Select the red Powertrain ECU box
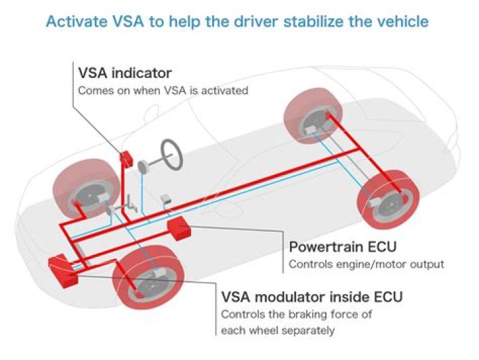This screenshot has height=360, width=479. coord(179,228)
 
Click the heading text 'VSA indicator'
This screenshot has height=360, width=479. coord(124,73)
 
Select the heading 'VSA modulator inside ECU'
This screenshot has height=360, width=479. coord(311,296)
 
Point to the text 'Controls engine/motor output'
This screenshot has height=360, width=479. coord(366,264)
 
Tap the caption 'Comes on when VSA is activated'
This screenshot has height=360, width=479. coord(163,90)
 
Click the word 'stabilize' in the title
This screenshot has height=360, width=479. coord(311,21)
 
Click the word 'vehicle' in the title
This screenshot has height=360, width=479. coord(403,21)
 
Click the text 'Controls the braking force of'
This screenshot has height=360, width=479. coord(296,314)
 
